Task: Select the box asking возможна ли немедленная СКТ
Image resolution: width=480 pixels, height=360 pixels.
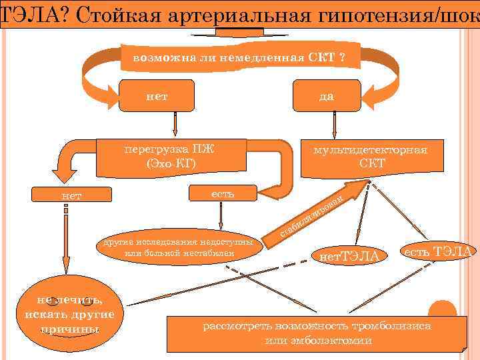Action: click(x=240, y=57)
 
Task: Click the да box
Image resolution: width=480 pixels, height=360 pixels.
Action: click(x=326, y=96)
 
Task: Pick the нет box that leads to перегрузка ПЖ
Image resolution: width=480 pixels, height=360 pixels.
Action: click(x=157, y=96)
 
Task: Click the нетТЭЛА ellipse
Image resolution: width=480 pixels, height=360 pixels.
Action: click(x=349, y=255)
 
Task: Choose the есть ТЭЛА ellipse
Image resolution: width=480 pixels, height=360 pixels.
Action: click(x=437, y=251)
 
